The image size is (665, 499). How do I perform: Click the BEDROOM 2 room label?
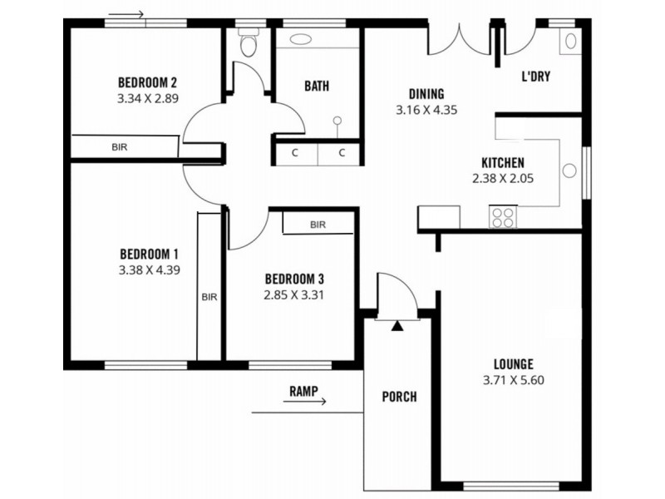149,82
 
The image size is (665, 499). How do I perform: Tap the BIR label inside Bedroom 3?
318,225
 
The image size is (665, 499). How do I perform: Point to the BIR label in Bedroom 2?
120,147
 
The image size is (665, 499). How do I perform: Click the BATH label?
316,86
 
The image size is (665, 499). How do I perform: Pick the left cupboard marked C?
295,153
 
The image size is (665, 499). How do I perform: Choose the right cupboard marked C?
342,153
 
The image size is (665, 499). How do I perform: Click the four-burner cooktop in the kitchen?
503,217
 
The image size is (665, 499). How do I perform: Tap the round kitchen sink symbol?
569,170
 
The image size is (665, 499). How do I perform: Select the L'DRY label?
536,77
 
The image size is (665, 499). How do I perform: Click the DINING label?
426,94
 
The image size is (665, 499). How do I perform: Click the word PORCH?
399,397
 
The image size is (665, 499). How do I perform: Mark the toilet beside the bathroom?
248,45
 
